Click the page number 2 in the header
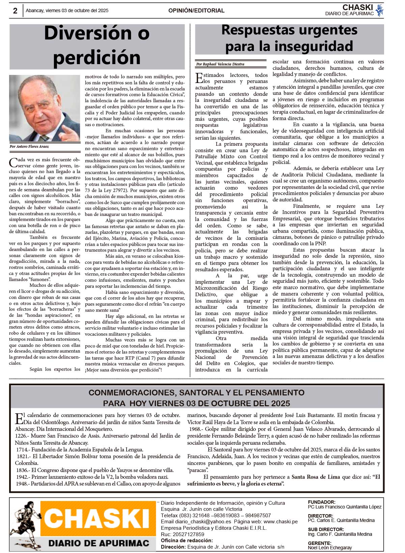pos(15,11)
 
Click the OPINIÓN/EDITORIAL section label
pos(196,11)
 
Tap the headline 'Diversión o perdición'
pos(97,45)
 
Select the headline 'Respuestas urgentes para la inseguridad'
pos(289,38)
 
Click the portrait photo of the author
pos(45,108)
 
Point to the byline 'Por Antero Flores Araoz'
pos(29,147)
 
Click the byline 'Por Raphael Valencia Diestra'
pos(220,64)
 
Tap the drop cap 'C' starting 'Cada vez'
pos(13,163)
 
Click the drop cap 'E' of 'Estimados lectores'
pos(199,78)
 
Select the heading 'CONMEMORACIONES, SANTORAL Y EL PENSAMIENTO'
pos(196,393)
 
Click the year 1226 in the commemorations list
pos(22,436)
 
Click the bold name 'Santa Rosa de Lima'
pos(316,477)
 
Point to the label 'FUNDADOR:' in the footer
pos(321,502)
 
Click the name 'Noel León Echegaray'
pos(329,548)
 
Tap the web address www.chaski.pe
pos(280,522)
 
